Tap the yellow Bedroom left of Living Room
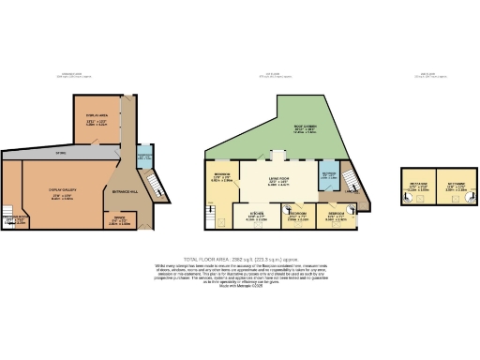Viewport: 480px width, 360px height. click(x=223, y=177)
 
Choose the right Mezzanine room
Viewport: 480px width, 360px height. click(x=457, y=187)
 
